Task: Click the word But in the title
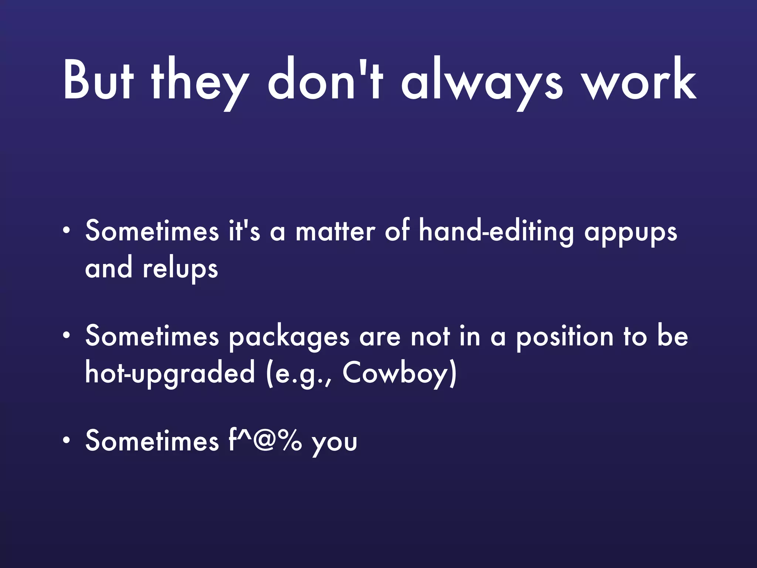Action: pos(98,80)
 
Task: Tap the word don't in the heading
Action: pos(325,80)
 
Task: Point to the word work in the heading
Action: pos(639,80)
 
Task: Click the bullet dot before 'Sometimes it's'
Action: pos(66,231)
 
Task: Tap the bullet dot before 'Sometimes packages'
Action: pos(66,336)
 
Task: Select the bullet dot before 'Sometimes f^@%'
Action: pos(66,440)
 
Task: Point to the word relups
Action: pos(180,269)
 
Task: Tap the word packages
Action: pos(289,337)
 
